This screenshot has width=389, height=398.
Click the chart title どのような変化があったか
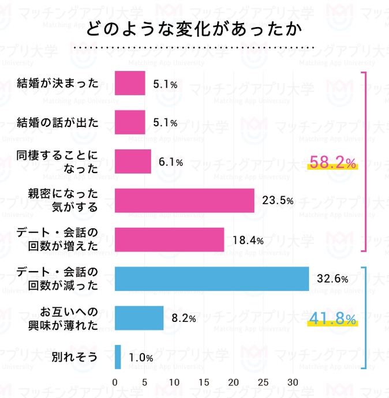194,28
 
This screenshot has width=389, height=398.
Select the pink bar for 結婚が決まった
130,83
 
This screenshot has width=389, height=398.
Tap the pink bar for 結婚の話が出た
130,122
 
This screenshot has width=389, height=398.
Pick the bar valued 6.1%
133,162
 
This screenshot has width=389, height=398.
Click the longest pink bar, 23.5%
185,201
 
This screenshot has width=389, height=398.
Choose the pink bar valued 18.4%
170,240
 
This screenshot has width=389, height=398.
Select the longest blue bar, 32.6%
212,279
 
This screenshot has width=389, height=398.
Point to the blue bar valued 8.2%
139,318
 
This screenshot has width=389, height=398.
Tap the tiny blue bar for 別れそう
118,357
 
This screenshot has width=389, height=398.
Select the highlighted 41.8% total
333,318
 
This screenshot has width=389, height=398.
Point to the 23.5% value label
278,201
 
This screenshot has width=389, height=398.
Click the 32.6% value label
332,279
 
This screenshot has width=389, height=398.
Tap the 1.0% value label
141,358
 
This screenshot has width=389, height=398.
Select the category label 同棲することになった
58,162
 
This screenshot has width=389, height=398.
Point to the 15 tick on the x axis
204,382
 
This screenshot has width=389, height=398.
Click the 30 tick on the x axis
293,382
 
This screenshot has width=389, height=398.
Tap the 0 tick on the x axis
115,382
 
